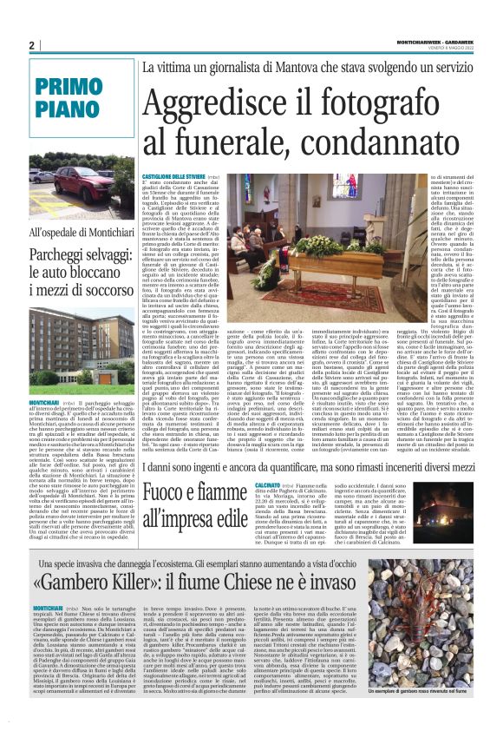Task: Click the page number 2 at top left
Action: coord(32,44)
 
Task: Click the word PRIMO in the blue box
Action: coord(70,87)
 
